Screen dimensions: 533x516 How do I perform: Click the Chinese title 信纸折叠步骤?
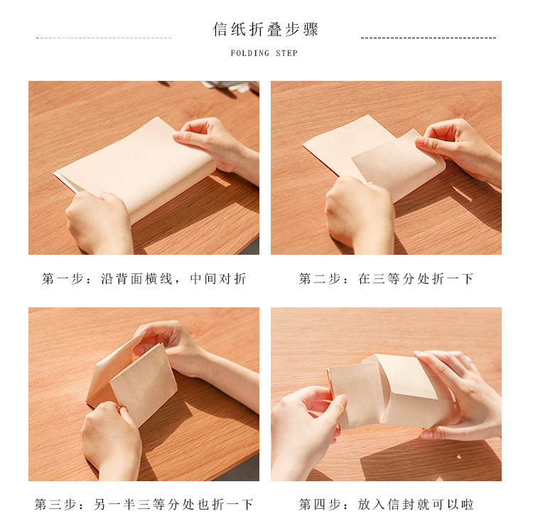point(266,29)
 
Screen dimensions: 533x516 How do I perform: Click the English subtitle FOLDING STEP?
point(264,53)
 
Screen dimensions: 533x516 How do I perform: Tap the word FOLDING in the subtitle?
point(250,53)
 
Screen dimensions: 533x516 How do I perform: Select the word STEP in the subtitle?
point(286,53)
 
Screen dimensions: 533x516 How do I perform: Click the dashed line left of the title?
point(104,38)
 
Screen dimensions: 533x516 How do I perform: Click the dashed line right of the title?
point(429,38)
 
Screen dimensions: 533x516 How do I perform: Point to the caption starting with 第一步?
point(144,279)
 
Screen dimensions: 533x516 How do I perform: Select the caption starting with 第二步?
point(386,279)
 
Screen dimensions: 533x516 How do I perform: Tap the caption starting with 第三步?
point(144,505)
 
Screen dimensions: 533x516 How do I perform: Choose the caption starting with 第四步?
point(386,505)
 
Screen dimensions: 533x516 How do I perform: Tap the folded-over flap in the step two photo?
point(398,163)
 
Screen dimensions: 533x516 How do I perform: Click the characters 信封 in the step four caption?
point(401,505)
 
